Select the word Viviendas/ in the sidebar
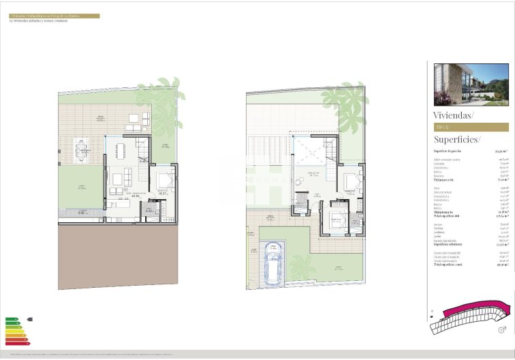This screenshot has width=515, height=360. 454,115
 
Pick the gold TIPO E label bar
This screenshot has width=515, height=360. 471,127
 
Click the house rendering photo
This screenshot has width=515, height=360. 471,85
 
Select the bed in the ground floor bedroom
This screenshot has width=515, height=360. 164,182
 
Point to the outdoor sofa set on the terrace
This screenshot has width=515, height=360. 134,123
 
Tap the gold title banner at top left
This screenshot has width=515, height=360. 54,16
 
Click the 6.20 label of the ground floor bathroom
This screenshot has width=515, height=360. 151,230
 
